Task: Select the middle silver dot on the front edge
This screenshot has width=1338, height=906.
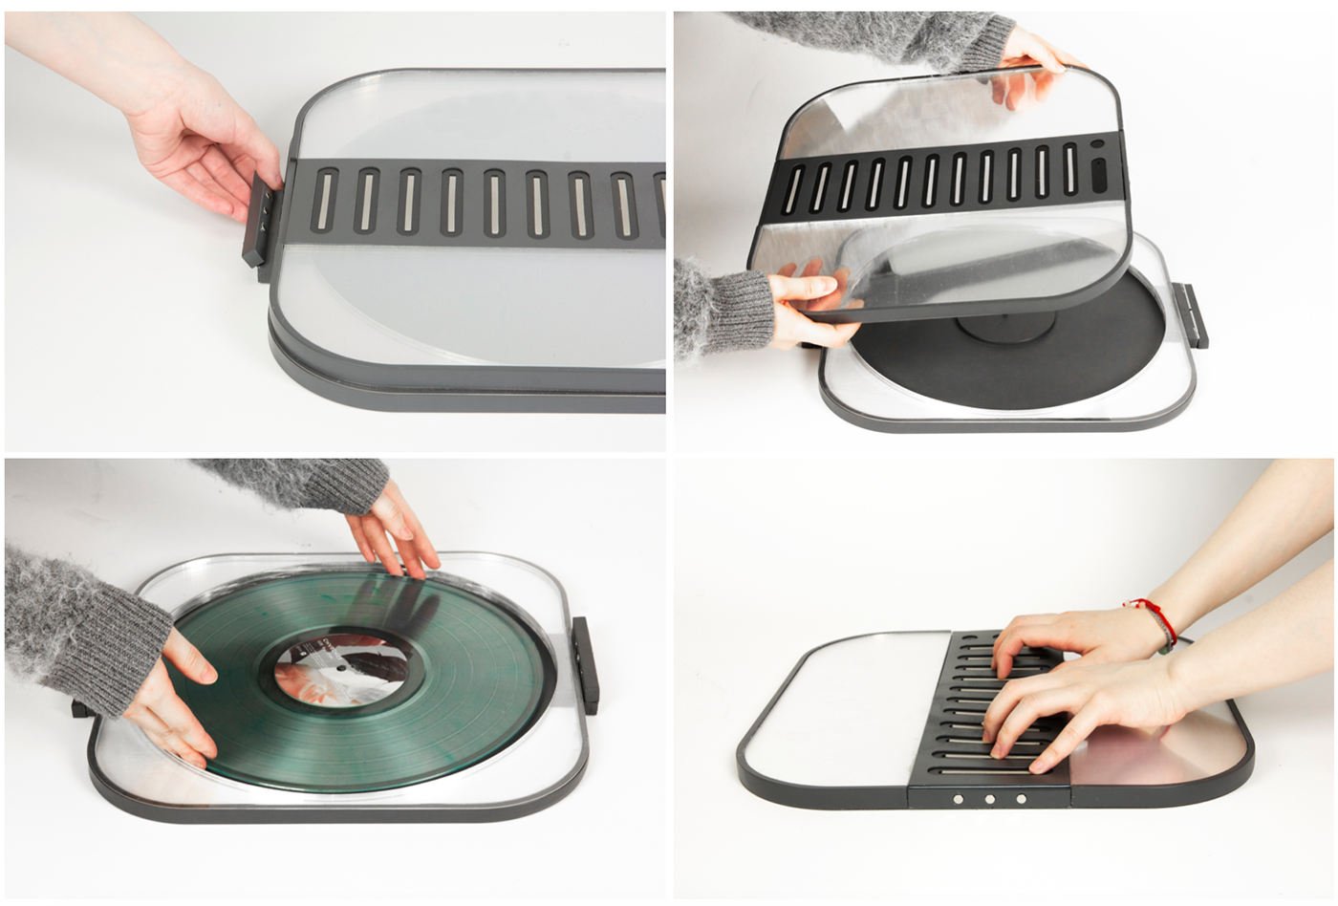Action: pos(989,799)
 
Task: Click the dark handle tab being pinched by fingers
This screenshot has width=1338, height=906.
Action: pos(257,226)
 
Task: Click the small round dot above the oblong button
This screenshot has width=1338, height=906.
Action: pos(1095,146)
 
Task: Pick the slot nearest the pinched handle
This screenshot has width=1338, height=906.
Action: pos(325,200)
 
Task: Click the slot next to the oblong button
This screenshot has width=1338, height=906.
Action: pos(1069,171)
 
